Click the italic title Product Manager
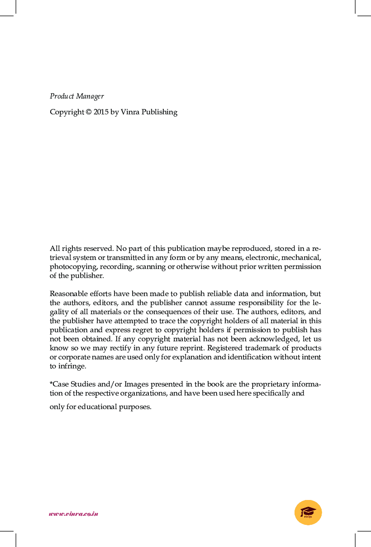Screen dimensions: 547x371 (x=76, y=96)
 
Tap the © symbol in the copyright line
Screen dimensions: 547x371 (x=88, y=112)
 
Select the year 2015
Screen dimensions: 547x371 (x=101, y=112)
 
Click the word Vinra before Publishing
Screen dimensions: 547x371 (x=130, y=112)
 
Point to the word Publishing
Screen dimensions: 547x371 (x=159, y=112)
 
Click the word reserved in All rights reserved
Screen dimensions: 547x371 (x=99, y=248)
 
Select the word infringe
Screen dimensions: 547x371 (x=71, y=366)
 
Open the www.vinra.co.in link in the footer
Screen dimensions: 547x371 (x=73, y=514)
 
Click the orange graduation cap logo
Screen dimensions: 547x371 (x=308, y=513)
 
